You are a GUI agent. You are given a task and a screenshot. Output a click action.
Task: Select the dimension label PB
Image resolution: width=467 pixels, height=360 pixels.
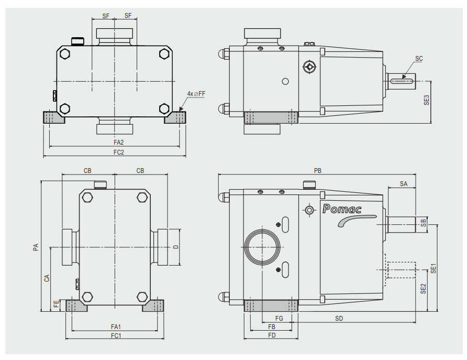coord(317,170)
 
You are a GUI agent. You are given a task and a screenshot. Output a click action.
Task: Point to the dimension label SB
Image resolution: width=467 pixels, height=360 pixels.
coord(424,224)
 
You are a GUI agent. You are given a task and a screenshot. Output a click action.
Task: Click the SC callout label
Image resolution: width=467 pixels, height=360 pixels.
coord(418,60)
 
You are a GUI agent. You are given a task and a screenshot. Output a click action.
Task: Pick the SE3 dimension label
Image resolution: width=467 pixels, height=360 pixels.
coord(427,101)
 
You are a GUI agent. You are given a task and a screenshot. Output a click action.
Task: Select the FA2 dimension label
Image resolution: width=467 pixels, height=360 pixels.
coord(118,142)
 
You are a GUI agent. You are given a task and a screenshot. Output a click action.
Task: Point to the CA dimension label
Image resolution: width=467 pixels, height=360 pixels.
coord(47,278)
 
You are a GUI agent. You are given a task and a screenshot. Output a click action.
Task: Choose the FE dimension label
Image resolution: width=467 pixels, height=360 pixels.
coord(56,305)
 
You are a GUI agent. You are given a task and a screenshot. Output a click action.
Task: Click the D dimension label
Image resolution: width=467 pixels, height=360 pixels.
coord(175,247)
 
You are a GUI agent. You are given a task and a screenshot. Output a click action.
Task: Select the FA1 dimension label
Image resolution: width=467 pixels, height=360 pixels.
coord(115,327)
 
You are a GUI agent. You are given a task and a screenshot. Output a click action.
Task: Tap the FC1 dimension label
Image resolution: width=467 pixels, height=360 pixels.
coord(115,336)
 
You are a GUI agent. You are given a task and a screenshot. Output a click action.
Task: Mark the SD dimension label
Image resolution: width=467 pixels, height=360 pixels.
coord(339,319)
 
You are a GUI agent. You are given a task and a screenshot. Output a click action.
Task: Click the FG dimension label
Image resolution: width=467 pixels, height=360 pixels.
coord(279,318)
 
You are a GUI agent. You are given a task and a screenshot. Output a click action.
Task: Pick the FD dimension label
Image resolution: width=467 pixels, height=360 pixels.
coord(272,335)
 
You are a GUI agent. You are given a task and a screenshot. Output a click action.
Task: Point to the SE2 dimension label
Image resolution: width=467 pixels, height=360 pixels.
coord(424,289)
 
